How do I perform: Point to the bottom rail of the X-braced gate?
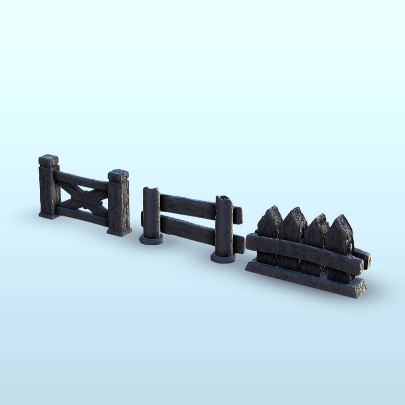point(82,216)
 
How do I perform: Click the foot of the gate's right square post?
point(119,232)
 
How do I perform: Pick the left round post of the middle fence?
point(151,214)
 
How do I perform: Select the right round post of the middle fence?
point(224,227)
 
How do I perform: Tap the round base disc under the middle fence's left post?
point(151,240)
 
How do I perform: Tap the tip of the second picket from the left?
point(294,212)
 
